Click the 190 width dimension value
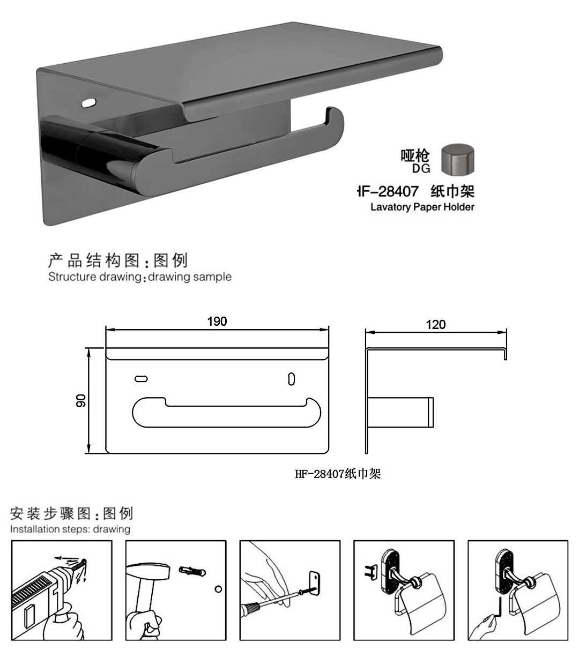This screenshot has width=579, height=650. tap(217, 322)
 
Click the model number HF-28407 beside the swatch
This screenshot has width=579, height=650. tap(388, 191)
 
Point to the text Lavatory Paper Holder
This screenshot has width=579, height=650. tap(422, 207)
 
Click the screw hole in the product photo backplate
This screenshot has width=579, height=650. tap(86, 101)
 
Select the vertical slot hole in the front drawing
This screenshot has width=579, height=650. tap(291, 378)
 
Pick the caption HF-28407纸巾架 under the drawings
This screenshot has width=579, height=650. tap(338, 474)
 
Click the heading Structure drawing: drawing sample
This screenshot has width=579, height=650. tap(139, 277)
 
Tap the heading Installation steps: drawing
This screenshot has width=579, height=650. tap(70, 529)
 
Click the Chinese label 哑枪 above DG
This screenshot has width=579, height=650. tap(415, 156)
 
